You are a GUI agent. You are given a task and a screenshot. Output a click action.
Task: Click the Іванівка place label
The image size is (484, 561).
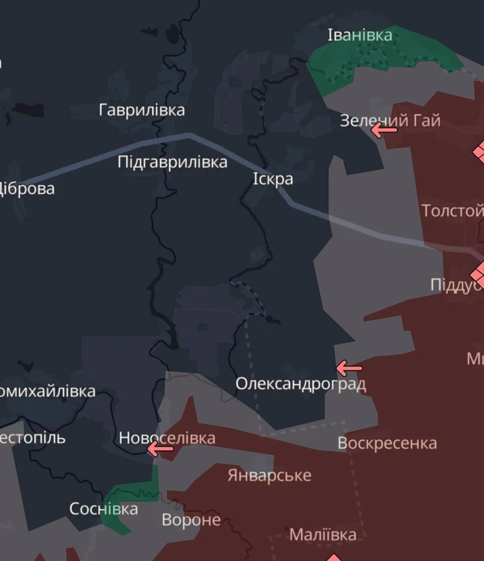click(x=360, y=35)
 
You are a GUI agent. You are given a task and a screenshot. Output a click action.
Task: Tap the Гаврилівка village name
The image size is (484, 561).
click(x=141, y=110)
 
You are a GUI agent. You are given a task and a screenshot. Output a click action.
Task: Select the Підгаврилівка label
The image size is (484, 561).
click(x=172, y=162)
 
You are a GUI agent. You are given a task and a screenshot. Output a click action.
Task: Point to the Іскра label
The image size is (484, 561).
click(x=273, y=179)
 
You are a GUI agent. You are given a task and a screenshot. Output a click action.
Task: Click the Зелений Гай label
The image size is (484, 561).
click(x=390, y=120)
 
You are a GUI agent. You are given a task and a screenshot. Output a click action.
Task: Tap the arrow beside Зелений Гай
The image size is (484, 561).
click(x=384, y=130)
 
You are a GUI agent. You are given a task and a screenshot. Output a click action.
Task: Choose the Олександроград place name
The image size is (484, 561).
click(x=300, y=384)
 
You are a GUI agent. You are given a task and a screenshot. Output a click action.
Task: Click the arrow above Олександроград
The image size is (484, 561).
click(x=349, y=368)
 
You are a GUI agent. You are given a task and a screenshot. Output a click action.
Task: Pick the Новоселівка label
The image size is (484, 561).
click(x=167, y=438)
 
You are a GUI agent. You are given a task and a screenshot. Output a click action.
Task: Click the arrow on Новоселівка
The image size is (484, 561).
click(x=160, y=448)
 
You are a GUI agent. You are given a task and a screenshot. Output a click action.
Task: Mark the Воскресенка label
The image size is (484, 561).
click(x=387, y=443)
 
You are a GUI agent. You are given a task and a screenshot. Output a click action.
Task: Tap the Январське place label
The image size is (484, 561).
click(x=269, y=475)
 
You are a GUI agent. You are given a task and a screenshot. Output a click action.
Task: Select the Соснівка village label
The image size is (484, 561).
click(x=103, y=509)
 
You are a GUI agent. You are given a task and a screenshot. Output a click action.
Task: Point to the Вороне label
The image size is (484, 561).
click(x=191, y=520)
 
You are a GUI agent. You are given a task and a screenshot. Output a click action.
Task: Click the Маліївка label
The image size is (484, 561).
click(x=323, y=535)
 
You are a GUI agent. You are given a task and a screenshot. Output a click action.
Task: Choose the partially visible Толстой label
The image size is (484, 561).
click(x=452, y=211)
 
